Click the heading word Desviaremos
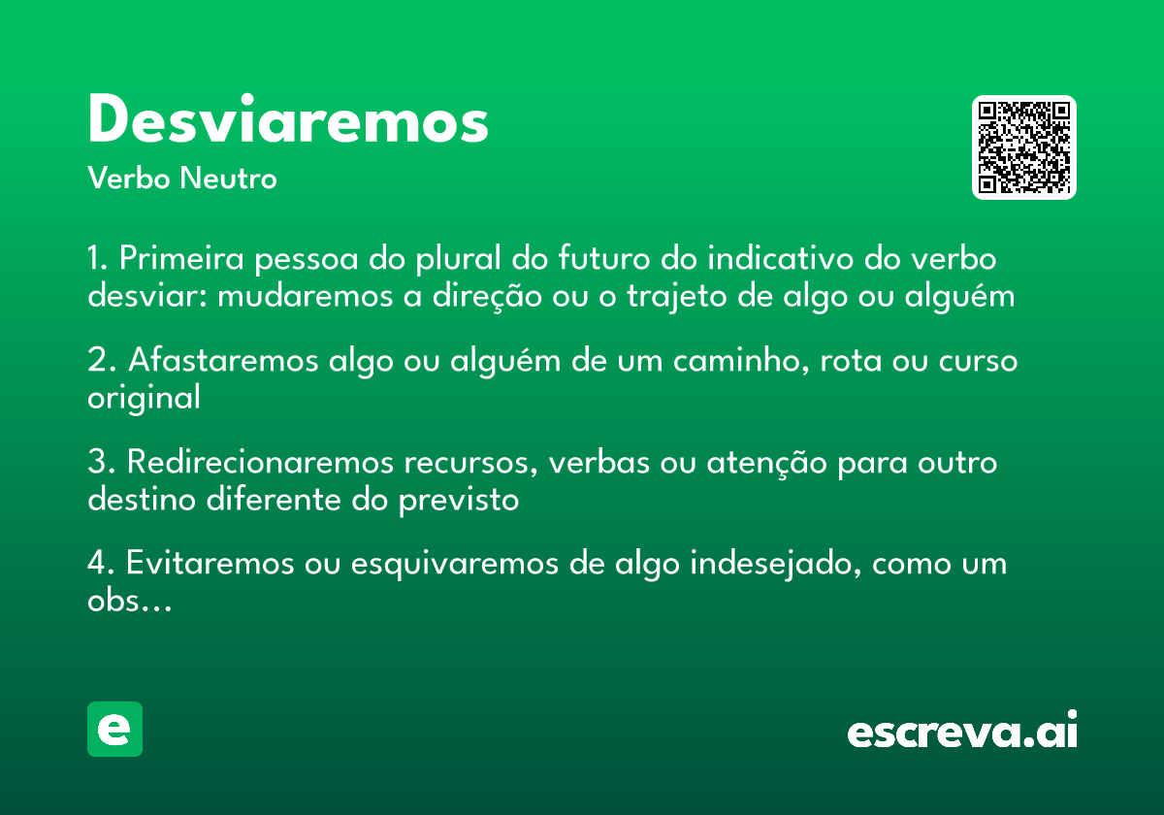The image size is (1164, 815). [x=288, y=121]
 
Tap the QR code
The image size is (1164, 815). [x=1024, y=147]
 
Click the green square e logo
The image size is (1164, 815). [x=114, y=729]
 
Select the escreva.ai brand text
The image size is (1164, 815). [x=962, y=733]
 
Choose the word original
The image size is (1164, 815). [x=144, y=398]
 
